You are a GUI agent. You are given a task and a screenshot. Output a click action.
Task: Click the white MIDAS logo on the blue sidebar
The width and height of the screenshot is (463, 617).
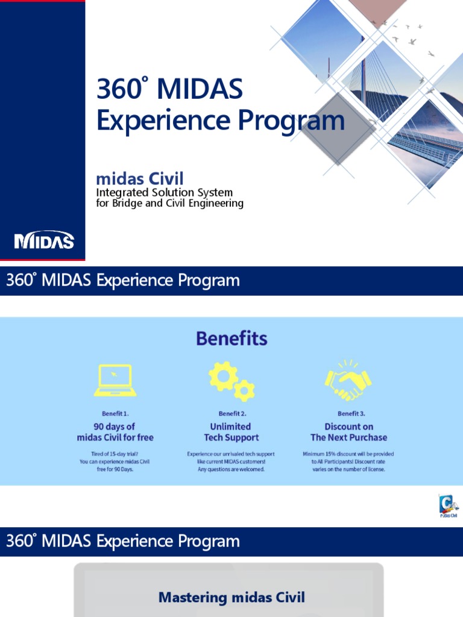point(44,241)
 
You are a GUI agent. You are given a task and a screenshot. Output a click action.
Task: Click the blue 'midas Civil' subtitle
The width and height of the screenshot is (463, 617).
point(140,178)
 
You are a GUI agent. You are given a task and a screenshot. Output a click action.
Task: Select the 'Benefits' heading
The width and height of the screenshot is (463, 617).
point(231,339)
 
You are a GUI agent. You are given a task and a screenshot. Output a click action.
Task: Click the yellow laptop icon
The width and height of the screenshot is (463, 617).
point(115,381)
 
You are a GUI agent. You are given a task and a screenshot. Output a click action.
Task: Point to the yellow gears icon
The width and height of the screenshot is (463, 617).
point(231,381)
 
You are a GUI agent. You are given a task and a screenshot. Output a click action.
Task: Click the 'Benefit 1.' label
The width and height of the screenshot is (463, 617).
point(115,414)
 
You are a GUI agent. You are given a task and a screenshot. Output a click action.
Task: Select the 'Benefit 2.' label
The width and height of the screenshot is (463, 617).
point(232,414)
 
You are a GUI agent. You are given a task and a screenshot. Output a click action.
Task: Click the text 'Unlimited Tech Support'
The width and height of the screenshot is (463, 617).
point(231,432)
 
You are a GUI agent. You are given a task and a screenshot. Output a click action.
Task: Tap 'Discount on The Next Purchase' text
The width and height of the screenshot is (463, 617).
point(349,432)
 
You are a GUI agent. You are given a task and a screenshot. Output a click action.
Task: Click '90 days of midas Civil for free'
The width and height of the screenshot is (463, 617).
point(115,432)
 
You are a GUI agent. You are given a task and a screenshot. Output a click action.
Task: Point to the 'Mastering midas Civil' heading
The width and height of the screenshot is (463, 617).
point(231,598)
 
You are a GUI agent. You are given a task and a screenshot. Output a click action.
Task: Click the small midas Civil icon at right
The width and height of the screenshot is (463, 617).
point(447,506)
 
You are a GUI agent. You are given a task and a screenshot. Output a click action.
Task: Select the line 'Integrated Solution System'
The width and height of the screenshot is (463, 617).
point(165,193)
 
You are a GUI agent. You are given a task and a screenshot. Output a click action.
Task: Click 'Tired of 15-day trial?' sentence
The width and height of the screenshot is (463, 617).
point(115,454)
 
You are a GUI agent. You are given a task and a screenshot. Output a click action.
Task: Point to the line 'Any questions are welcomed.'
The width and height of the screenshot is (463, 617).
point(231,469)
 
